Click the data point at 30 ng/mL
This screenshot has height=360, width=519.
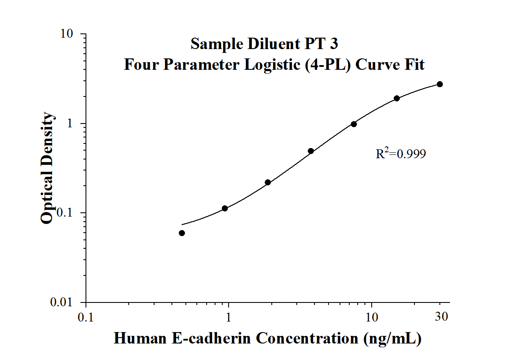coord(440,84)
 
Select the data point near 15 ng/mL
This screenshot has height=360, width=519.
coord(397,98)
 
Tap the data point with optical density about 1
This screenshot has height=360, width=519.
coord(354,124)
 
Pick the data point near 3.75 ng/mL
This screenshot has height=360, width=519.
coord(311,151)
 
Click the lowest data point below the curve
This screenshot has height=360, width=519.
coord(182,233)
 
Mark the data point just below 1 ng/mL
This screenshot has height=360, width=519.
coord(225,208)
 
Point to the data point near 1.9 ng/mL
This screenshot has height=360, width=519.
coord(268,182)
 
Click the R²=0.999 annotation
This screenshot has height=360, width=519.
coord(400,154)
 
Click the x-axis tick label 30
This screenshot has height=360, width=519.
coord(442,317)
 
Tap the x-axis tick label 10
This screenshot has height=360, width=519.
coord(372,317)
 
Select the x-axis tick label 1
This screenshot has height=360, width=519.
coord(229,317)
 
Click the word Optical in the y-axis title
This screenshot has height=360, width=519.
coord(47,201)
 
